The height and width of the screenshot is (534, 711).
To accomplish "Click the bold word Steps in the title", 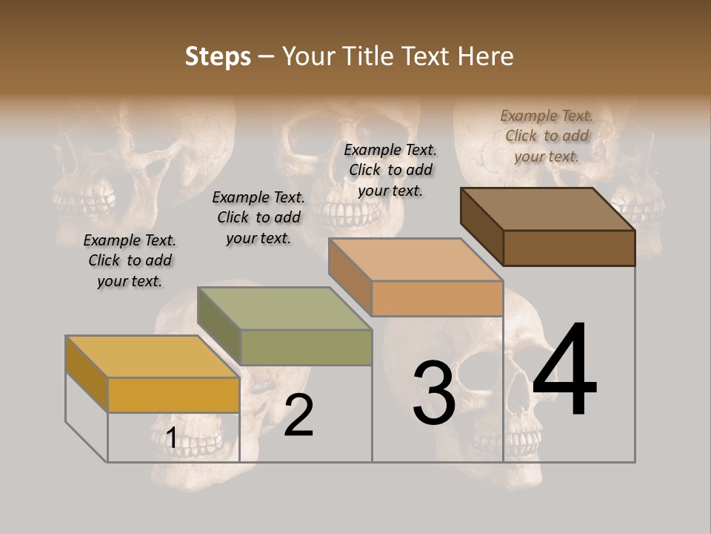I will click(218, 56).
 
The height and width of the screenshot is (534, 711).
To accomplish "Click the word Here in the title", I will click(486, 56).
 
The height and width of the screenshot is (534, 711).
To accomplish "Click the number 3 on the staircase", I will click(434, 393).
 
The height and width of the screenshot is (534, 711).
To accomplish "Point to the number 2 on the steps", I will click(299, 415).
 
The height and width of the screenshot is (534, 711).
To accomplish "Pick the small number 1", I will click(171, 438).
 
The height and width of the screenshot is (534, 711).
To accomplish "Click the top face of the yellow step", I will click(152, 357).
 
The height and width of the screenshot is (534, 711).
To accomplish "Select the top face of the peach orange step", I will click(415, 260).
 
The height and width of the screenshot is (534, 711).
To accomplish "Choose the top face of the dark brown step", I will click(547, 209).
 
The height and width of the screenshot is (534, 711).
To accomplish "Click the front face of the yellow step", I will click(173, 395).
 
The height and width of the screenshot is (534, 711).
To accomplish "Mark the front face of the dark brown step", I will click(569, 248).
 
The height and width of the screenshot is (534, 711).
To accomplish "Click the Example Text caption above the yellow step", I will click(130, 260).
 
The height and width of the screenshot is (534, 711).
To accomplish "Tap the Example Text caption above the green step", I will click(258, 217).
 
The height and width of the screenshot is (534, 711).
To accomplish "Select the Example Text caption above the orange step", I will click(390, 170).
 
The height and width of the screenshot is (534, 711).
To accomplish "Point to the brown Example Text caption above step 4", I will click(547, 136).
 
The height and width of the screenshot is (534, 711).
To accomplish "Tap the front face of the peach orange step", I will click(437, 298).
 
